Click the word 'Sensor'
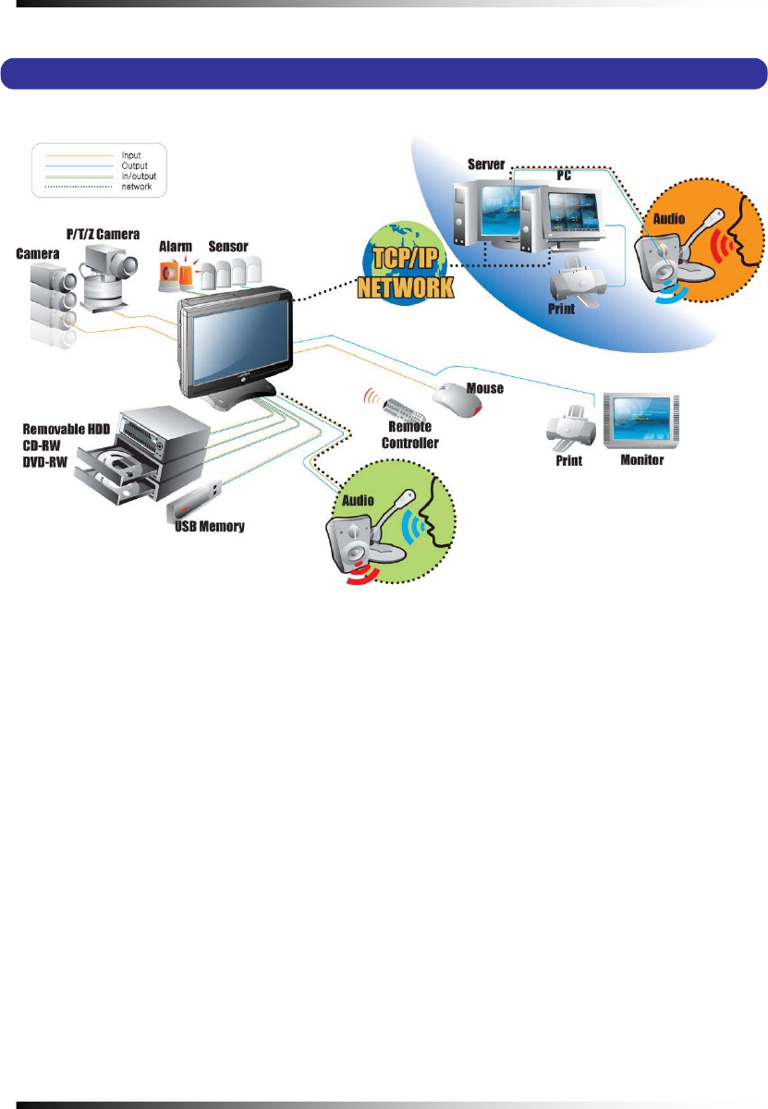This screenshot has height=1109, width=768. (x=228, y=247)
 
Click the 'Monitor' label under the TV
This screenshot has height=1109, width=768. (x=641, y=459)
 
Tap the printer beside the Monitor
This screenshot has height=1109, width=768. (x=568, y=428)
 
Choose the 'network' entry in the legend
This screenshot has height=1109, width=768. (x=135, y=187)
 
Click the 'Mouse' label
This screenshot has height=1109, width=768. (x=486, y=388)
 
